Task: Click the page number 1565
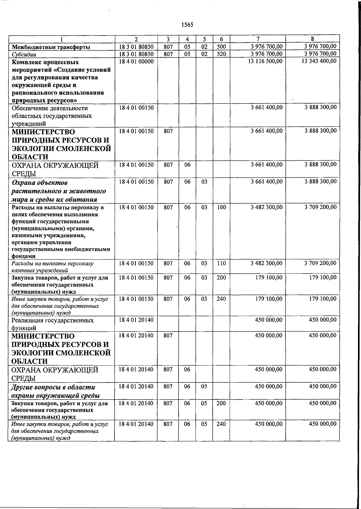click(x=187, y=25)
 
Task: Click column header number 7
click(x=258, y=39)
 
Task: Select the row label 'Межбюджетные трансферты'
click(x=51, y=47)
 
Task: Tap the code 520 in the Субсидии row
click(x=221, y=54)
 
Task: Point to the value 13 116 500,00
click(x=265, y=62)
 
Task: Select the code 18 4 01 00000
click(x=136, y=62)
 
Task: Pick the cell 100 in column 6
click(x=221, y=207)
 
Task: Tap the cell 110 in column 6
click(x=221, y=263)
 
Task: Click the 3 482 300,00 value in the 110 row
click(x=267, y=263)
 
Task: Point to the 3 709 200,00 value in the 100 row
click(x=320, y=207)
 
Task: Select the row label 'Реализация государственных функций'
click(x=52, y=324)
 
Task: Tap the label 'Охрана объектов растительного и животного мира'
click(x=58, y=191)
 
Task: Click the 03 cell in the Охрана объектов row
click(x=204, y=182)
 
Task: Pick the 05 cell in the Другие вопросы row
click(x=204, y=387)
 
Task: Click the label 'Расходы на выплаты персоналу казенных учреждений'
click(x=52, y=267)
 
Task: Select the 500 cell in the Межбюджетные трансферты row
click(x=221, y=47)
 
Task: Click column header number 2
click(x=136, y=39)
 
